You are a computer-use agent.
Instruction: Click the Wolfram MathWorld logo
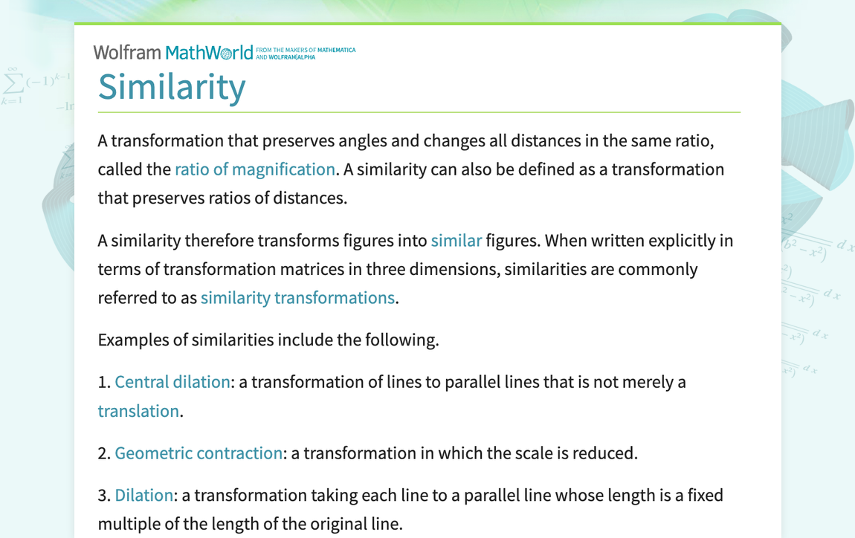point(172,53)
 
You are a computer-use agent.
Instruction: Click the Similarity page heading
point(172,86)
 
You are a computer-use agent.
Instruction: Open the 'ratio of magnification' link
point(254,169)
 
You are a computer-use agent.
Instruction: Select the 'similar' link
point(456,241)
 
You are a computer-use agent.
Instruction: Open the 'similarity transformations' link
point(297,298)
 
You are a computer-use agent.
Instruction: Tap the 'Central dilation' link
point(172,382)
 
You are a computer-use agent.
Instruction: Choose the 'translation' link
point(138,411)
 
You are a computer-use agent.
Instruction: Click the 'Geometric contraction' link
point(199,453)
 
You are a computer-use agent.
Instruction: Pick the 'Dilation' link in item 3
point(143,496)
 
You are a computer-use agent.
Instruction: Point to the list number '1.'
point(104,383)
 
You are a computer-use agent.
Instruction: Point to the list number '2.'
point(104,453)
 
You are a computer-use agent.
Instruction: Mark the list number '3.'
point(104,496)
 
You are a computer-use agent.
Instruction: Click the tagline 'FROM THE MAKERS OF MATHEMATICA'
point(306,51)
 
